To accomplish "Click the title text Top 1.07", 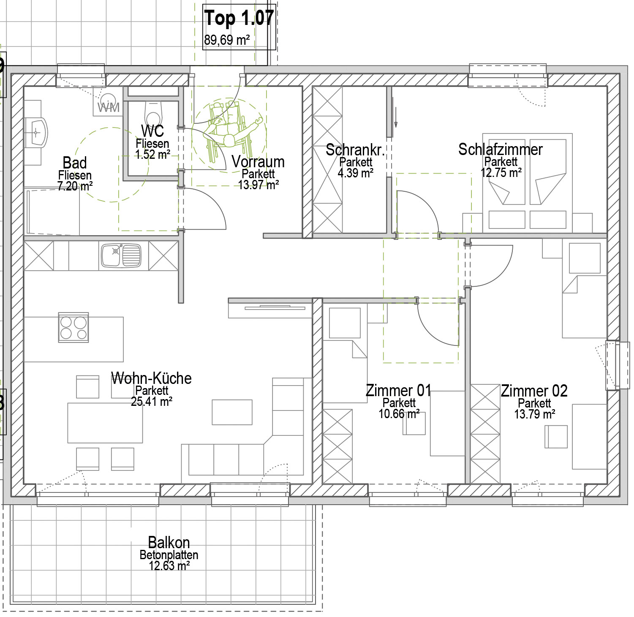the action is [239, 18].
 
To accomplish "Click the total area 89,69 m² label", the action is [227, 40].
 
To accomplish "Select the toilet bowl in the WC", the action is [153, 112].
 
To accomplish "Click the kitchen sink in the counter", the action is [121, 255].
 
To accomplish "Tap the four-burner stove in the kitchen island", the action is [73, 328].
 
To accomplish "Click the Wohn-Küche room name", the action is [151, 378].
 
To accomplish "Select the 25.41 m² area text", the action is [151, 401].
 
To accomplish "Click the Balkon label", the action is [169, 542].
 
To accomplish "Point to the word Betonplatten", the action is [169, 555].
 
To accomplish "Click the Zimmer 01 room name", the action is [398, 390].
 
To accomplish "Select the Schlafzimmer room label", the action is [501, 149].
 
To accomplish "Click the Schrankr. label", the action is [355, 149].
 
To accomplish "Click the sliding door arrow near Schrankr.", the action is [396, 117].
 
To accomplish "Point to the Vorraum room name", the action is [258, 161].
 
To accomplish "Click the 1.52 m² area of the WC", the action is [152, 154].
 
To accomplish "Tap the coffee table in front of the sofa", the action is [232, 412].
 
